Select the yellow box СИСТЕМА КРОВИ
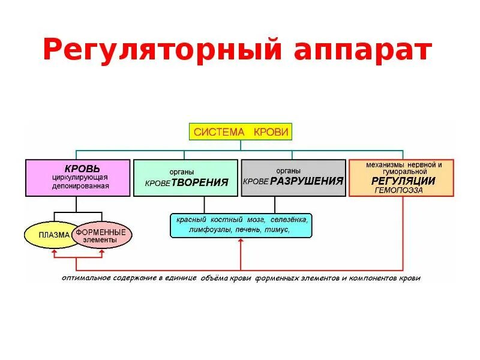coord(241,131)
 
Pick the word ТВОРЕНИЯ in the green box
coord(200,182)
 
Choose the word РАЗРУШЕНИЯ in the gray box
coord(306,181)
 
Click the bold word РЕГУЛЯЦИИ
coord(403,181)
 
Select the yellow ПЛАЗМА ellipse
coord(52,235)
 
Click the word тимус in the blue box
coord(279,230)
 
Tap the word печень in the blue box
coord(248,230)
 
